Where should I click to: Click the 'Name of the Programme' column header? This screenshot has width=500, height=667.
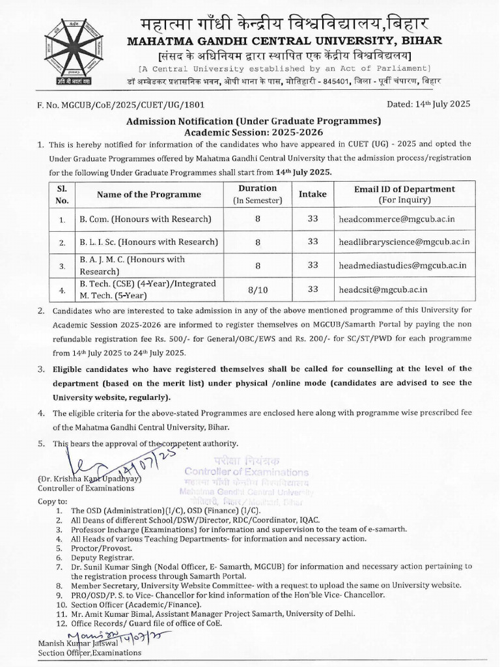[149, 194]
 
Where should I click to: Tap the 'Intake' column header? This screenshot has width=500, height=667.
[312, 194]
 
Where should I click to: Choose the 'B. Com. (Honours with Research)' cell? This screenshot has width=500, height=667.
[146, 219]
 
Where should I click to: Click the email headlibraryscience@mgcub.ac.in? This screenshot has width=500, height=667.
[404, 242]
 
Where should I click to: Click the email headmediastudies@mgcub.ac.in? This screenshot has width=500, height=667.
[402, 265]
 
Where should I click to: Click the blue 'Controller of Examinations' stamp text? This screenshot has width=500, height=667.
[246, 472]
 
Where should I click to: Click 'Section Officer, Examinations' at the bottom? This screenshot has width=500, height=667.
[89, 653]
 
